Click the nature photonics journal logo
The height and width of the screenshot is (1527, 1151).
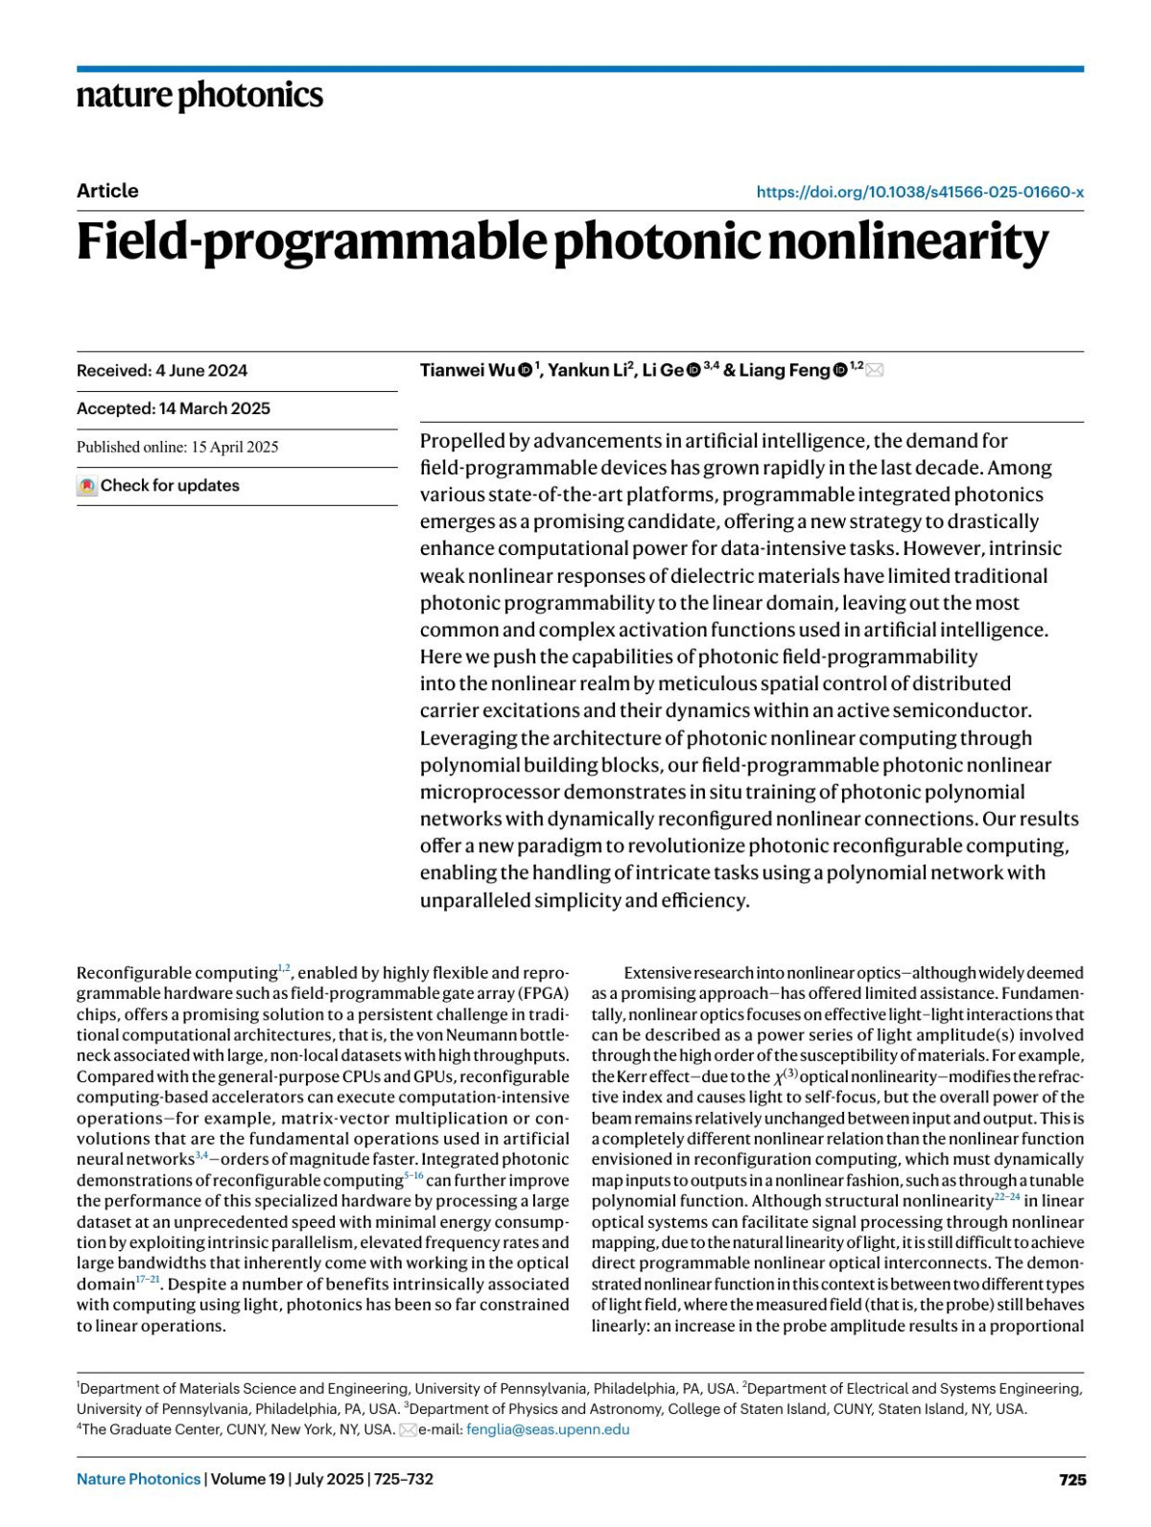point(200,96)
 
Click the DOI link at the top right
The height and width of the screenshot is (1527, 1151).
point(919,192)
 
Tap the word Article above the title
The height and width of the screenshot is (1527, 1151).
point(107,191)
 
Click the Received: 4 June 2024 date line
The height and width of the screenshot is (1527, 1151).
point(162,371)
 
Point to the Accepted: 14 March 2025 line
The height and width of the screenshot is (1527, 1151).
point(174,408)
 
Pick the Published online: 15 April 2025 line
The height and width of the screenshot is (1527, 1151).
point(177,447)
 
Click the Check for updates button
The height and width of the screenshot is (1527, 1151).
point(159,486)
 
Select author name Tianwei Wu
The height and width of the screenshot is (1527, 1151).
point(467,371)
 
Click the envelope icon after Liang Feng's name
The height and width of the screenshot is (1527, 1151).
point(874,371)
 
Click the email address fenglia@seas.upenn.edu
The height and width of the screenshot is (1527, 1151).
point(548,1429)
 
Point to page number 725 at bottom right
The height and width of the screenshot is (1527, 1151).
point(1072,1479)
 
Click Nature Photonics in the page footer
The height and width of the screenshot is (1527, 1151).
point(139,1479)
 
